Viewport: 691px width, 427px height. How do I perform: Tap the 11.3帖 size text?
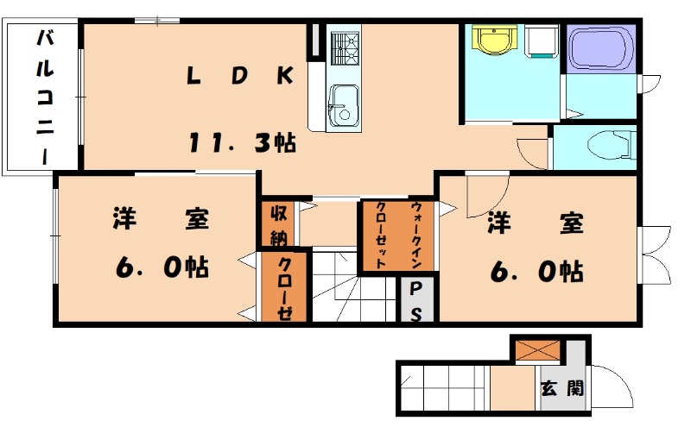[x=243, y=141]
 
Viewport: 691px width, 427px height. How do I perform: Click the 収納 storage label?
[x=278, y=223]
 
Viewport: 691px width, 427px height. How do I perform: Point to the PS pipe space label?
[x=415, y=301]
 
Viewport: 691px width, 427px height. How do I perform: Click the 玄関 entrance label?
[x=561, y=387]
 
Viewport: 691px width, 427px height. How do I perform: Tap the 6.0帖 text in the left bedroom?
[x=162, y=267]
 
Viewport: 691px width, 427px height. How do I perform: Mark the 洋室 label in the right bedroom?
[x=535, y=223]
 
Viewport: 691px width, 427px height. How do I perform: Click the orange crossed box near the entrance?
[x=537, y=350]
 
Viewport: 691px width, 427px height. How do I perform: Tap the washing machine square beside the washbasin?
[x=542, y=41]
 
